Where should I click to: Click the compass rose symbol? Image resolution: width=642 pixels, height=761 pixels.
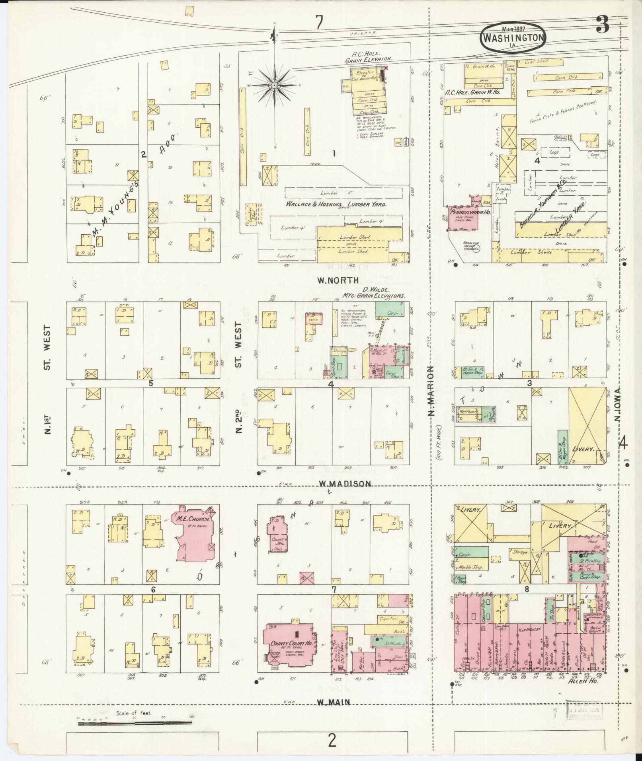275,85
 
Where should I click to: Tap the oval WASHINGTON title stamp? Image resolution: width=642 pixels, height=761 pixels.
513,37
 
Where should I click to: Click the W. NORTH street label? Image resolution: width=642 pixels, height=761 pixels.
338,280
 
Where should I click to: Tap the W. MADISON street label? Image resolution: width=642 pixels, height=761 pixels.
345,484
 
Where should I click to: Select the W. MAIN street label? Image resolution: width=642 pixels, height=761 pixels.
334,703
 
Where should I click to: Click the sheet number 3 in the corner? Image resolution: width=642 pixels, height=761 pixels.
603,26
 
